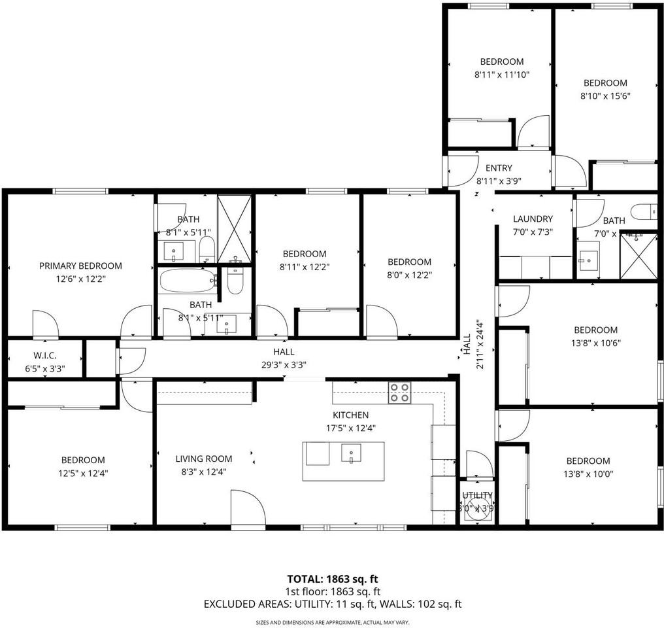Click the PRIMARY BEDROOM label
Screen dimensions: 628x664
pos(80,266)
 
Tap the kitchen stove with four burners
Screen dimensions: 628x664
pos(400,392)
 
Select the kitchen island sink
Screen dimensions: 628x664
pos(352,453)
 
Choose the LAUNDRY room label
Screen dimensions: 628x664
pos(533,219)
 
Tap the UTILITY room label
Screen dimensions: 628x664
pos(477,495)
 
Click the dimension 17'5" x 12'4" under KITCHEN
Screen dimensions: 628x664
pos(350,428)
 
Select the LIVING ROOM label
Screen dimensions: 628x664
pos(203,459)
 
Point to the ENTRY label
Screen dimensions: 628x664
pos(499,168)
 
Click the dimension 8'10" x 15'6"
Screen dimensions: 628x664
pos(605,96)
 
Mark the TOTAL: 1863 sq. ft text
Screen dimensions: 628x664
pos(333,579)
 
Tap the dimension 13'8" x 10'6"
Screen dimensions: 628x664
pos(595,343)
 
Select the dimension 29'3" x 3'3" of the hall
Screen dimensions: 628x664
pos(284,365)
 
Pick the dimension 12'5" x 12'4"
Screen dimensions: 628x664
pos(83,472)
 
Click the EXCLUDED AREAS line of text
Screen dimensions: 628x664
pos(333,604)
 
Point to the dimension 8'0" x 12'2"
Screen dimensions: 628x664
pos(409,275)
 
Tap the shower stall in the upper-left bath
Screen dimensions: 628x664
pos(234,227)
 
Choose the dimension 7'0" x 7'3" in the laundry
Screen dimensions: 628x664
pos(533,232)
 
